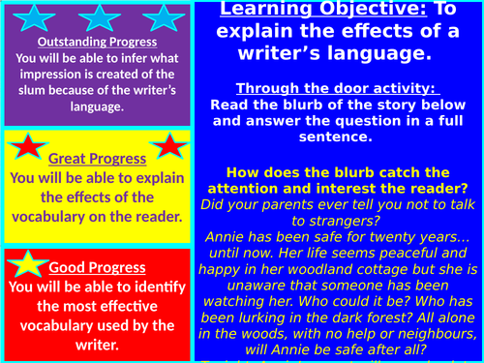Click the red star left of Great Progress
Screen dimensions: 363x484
27,148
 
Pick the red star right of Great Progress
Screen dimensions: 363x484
168,146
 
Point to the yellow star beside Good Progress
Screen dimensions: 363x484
26,264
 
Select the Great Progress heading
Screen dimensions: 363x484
97,158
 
